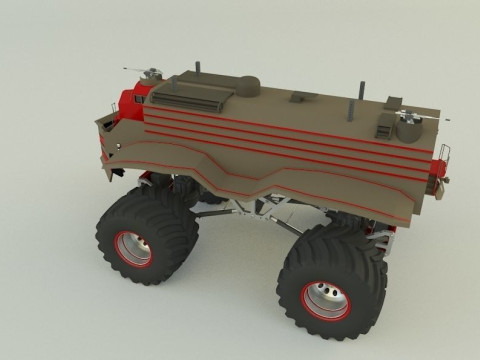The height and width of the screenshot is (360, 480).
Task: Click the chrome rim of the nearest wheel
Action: pyautogui.click(x=327, y=297)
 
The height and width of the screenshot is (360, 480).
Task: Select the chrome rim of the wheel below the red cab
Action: pyautogui.click(x=133, y=248)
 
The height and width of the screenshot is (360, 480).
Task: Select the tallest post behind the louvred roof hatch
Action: pyautogui.click(x=197, y=70)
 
